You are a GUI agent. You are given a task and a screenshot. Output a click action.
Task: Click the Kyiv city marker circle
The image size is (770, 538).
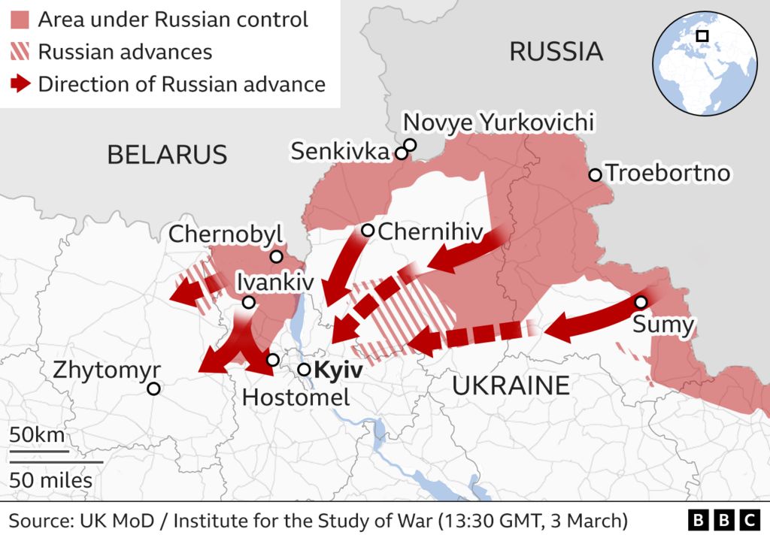(304, 370)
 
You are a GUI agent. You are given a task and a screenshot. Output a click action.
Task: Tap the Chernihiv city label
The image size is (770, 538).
(429, 231)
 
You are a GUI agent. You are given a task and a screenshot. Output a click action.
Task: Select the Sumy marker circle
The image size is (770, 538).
(641, 302)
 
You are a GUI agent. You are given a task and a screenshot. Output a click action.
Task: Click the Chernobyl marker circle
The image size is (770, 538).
(276, 257)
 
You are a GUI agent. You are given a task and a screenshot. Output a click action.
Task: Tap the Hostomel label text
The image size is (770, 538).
(296, 397)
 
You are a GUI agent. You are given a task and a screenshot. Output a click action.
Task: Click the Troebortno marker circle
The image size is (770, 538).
(595, 174)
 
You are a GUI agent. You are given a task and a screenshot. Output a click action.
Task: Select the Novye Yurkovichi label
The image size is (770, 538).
(499, 122)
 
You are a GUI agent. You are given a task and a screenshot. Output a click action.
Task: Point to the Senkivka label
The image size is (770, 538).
(341, 152)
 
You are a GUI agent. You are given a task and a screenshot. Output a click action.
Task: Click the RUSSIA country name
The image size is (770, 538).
(556, 52)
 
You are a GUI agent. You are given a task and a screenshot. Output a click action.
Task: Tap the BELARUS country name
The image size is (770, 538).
(167, 155)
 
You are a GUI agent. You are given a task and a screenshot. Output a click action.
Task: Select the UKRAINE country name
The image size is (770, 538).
(511, 385)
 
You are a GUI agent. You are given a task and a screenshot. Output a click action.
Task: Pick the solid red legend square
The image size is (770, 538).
(21, 20)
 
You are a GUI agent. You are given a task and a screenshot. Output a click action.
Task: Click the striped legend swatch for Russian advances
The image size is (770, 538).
(21, 52)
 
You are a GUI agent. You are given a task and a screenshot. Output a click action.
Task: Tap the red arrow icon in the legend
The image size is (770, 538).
(21, 84)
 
